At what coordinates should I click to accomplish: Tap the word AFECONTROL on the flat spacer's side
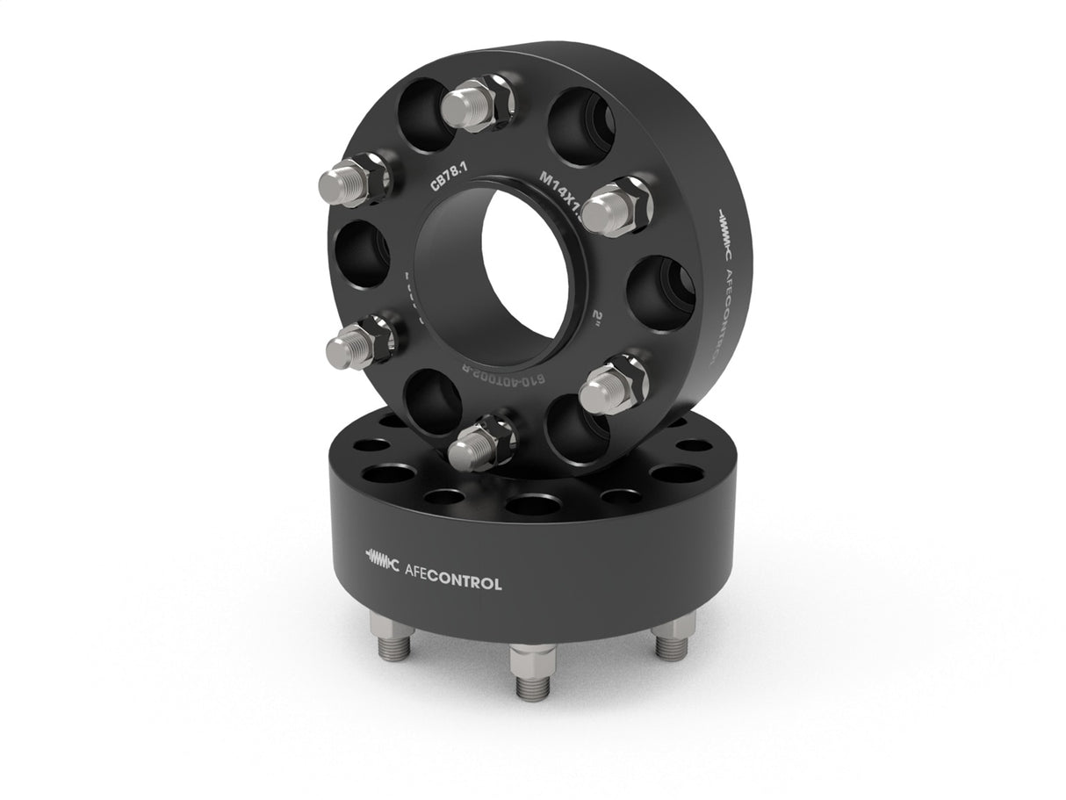click(453, 583)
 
